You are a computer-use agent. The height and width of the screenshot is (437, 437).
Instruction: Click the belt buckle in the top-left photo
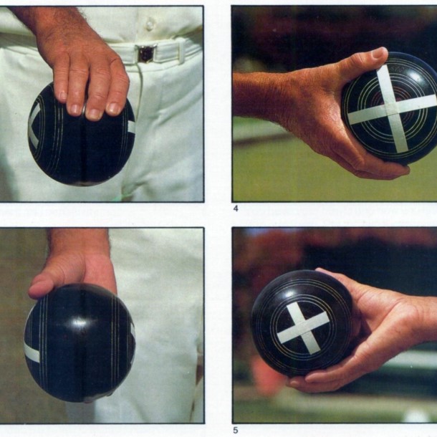[x=146, y=54]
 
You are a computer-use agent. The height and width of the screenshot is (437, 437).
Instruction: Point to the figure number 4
[x=236, y=209]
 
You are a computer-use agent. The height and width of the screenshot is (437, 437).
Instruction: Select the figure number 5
[x=236, y=431]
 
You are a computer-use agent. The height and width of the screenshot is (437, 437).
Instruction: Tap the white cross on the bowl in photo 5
[x=304, y=326]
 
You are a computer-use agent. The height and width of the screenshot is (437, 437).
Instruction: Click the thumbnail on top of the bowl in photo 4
[x=378, y=54]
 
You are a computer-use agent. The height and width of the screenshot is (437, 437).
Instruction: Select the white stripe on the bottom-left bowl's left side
[x=32, y=352]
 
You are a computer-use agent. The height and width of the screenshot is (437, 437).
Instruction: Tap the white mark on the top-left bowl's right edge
[x=131, y=127]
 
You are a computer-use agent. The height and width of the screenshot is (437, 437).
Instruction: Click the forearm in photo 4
[x=258, y=93]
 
